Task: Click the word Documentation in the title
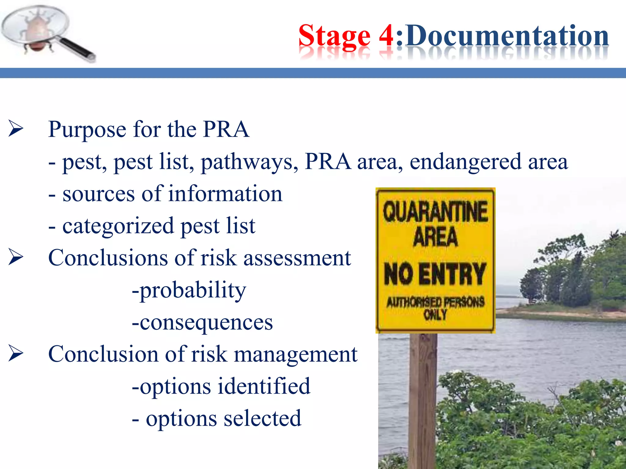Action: tap(507, 36)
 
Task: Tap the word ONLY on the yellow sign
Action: tap(435, 314)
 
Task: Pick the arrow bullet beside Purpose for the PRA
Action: tap(16, 129)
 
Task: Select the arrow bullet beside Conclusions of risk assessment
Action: tap(16, 257)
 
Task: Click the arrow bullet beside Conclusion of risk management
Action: tap(16, 353)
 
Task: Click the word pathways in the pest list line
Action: tap(249, 162)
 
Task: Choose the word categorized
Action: tap(118, 226)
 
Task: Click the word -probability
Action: tap(189, 290)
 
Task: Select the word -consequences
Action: tap(202, 322)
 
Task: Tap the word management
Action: tap(296, 355)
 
